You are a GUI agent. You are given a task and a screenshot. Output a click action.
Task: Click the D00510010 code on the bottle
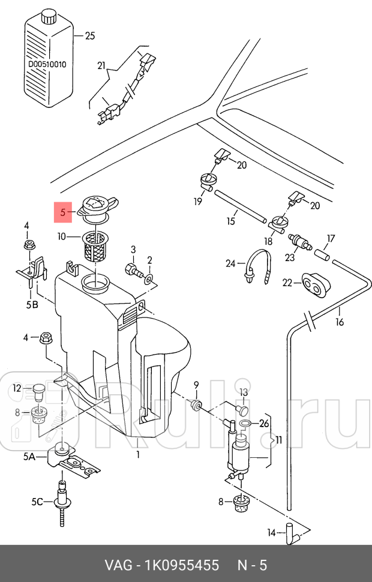point(47,64)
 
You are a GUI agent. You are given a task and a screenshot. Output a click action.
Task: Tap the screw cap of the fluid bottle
point(48,17)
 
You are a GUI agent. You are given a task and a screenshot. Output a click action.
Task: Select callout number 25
point(90,36)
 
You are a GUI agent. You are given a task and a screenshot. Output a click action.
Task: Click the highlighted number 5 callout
point(63,212)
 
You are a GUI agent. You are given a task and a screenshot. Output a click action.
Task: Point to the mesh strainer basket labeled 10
point(96,246)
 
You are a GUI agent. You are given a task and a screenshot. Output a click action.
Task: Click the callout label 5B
point(32,305)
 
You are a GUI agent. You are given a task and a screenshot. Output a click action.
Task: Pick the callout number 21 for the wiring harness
point(101,65)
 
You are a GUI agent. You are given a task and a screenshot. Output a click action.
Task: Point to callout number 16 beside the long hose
point(340,322)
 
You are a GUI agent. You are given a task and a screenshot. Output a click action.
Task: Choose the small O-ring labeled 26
point(245,423)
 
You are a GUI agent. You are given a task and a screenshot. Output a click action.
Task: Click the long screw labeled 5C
point(62,503)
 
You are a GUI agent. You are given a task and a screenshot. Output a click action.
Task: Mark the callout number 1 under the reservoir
point(138,454)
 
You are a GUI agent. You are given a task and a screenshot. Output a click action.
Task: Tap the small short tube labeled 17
point(322,256)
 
